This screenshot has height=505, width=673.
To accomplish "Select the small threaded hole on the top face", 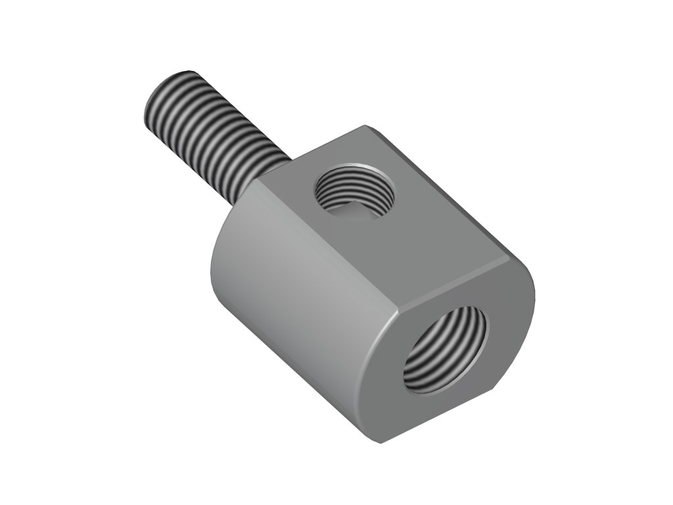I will tap(356, 191).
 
